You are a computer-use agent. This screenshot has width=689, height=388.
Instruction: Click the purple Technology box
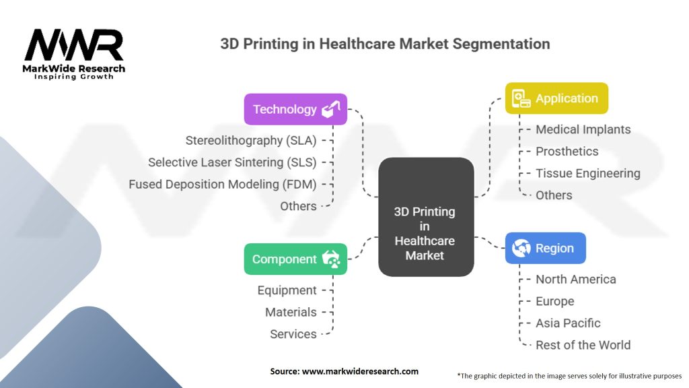(296, 109)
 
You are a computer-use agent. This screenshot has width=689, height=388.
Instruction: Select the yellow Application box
(556, 98)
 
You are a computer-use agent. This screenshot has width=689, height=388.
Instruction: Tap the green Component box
(296, 259)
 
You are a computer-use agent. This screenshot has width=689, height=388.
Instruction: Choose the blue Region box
(545, 248)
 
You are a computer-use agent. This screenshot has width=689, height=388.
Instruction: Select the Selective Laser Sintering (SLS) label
(232, 162)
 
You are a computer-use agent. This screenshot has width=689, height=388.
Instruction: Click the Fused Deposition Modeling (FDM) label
(223, 184)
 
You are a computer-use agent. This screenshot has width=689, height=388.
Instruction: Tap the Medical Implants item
(583, 129)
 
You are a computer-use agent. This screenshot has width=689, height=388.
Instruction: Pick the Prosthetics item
(567, 152)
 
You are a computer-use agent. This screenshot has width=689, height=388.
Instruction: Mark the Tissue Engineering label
(587, 173)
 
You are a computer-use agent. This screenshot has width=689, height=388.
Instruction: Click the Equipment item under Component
(287, 290)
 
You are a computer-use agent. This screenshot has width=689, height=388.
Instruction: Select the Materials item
(290, 312)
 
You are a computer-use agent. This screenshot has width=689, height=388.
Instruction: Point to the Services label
(293, 334)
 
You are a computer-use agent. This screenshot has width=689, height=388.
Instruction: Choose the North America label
(575, 279)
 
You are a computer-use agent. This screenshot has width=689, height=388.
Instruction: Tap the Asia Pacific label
(568, 323)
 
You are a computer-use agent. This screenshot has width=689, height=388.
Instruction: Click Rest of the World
(583, 345)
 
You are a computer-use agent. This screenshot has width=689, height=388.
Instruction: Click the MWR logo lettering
(74, 46)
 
